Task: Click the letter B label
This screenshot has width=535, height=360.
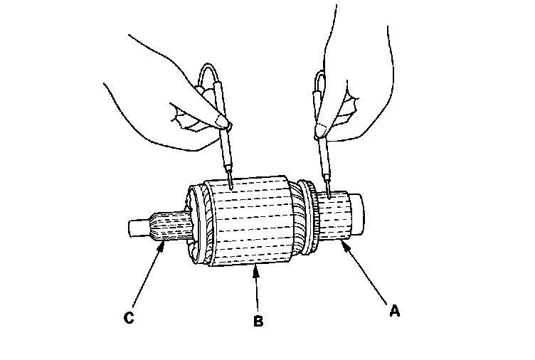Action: tap(258, 321)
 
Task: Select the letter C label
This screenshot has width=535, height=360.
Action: tap(129, 318)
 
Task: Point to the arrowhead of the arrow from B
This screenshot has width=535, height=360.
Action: tap(255, 268)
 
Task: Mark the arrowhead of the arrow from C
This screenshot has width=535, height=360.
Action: tap(165, 243)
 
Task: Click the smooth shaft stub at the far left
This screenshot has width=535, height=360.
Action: tap(138, 228)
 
